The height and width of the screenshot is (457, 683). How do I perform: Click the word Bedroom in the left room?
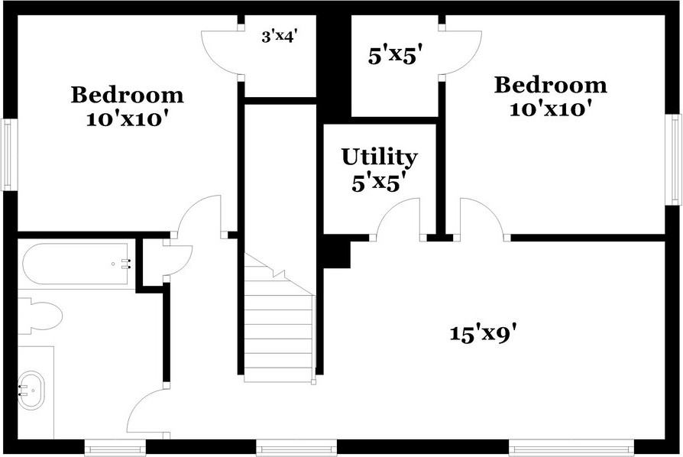[127, 96]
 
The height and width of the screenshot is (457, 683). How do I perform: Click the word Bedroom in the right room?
[550, 85]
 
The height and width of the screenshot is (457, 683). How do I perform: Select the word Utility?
[379, 157]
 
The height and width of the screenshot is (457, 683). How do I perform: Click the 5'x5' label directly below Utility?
[379, 183]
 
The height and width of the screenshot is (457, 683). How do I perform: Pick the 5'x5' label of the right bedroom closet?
[395, 56]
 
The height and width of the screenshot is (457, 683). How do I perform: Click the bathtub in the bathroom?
[76, 264]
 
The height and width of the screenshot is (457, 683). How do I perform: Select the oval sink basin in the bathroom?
[32, 390]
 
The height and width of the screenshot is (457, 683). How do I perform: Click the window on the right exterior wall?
[675, 159]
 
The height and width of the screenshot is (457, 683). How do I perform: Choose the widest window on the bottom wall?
[571, 448]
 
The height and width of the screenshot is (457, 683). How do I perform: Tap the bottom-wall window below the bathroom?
[115, 448]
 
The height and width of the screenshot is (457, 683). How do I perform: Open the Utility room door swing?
[397, 218]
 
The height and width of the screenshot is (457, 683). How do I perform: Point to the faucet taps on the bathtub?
[125, 264]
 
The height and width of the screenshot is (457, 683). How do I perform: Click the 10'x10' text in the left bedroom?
[127, 120]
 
